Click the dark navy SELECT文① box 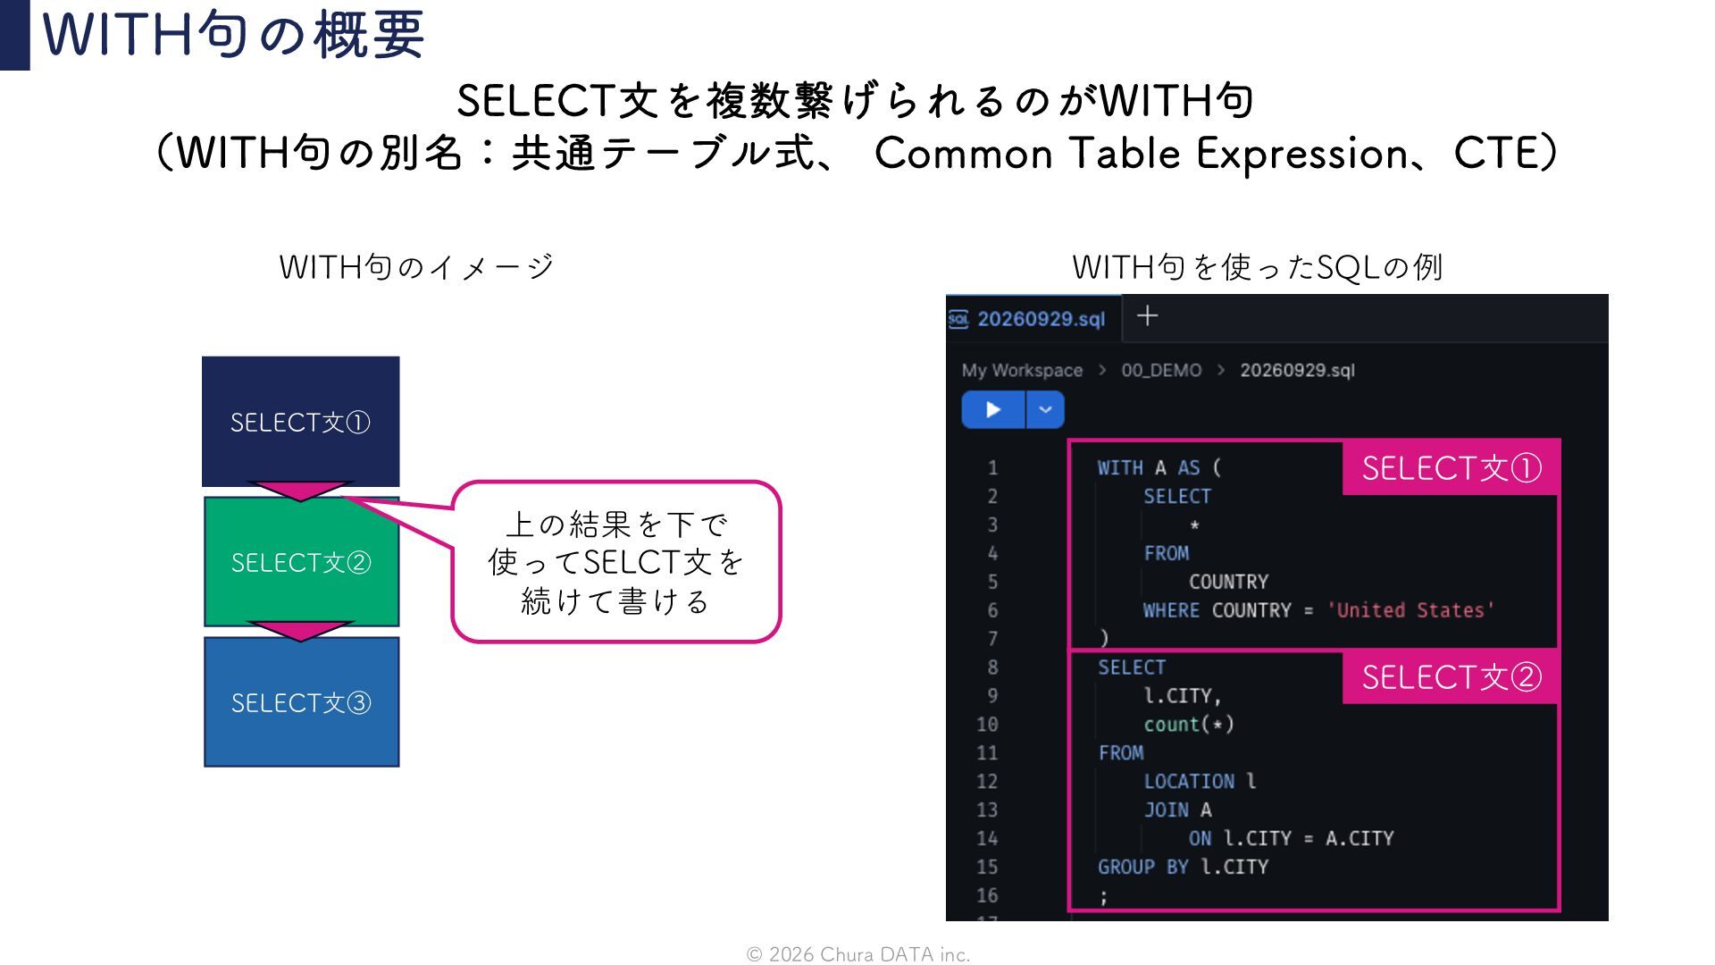[x=300, y=421]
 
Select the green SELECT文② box [x=301, y=562]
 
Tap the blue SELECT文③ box [x=301, y=702]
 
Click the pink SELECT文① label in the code [x=1451, y=467]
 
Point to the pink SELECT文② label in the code [x=1451, y=677]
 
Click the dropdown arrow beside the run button [x=1045, y=410]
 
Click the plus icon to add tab [x=1148, y=315]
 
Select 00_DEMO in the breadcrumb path [x=1161, y=370]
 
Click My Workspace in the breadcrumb [x=1022, y=370]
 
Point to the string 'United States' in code [x=1410, y=610]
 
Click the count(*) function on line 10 [x=1189, y=724]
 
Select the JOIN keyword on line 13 [x=1167, y=810]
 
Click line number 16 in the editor [x=987, y=895]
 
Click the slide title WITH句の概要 [x=233, y=34]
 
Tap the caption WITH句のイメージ [x=416, y=266]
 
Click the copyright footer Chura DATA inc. [x=858, y=954]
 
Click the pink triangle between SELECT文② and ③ [x=300, y=631]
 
